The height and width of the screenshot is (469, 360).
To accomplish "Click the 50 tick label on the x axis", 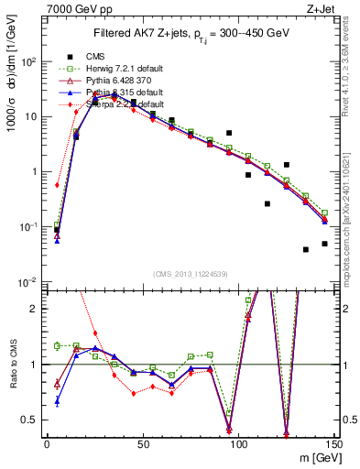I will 143,443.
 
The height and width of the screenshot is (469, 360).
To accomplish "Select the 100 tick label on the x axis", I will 238,443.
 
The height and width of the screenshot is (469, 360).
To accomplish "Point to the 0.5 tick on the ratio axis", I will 32,420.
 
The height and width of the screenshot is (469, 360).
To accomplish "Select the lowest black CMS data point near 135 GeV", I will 306,249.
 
